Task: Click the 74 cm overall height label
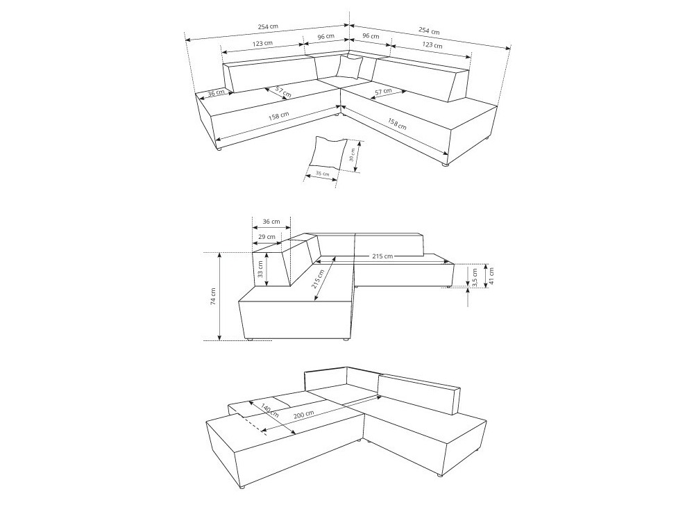pyautogui.click(x=213, y=297)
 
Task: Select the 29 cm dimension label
pyautogui.click(x=265, y=237)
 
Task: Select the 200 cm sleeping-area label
pyautogui.click(x=303, y=414)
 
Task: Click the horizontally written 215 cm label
pyautogui.click(x=382, y=256)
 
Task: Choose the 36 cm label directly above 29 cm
pyautogui.click(x=271, y=222)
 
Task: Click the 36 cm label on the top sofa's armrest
pyautogui.click(x=216, y=92)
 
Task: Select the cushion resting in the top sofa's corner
pyautogui.click(x=350, y=67)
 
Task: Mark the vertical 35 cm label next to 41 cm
pyautogui.click(x=475, y=276)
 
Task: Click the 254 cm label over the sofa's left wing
pyautogui.click(x=268, y=27)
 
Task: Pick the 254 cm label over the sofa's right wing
pyautogui.click(x=428, y=31)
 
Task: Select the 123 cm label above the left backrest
pyautogui.click(x=262, y=43)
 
